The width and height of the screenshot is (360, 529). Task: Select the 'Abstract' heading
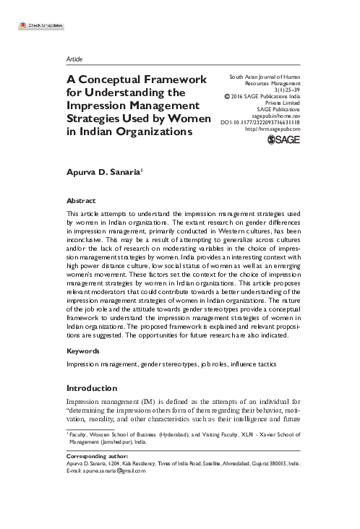click(80, 200)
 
